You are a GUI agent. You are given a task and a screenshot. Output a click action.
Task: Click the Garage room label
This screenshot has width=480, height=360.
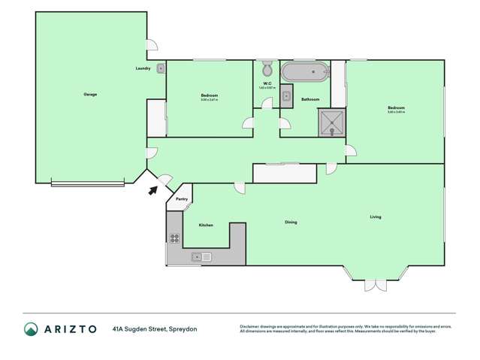coord(90,94)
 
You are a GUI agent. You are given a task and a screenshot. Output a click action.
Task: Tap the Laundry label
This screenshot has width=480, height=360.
coord(143,68)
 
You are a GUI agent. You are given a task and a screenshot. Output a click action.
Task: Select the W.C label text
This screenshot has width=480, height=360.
coord(267,83)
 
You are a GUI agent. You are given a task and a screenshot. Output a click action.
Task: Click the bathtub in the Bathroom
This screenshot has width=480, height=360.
coord(305,74)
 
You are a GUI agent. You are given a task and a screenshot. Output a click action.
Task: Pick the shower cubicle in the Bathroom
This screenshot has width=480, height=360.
coord(331,123)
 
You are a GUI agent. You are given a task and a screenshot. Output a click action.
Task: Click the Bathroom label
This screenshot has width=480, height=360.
coord(310,99)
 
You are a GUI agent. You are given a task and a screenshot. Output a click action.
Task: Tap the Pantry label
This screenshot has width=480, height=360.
coord(181,199)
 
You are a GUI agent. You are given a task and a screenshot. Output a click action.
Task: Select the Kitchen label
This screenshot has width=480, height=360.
coord(206,225)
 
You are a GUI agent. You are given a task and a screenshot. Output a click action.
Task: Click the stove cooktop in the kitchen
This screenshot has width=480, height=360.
coord(174,239)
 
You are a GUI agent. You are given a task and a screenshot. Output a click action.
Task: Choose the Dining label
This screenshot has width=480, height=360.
coord(290,222)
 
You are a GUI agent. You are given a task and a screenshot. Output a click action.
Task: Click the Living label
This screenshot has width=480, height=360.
coord(376,217)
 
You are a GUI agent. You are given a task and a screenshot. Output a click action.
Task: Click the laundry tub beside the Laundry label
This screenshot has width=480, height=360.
coord(160,68)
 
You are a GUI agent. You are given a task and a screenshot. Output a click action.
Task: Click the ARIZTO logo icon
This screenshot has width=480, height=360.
coord(31,328)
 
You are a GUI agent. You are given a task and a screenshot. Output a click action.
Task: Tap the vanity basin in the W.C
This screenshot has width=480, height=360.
coord(286,96)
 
